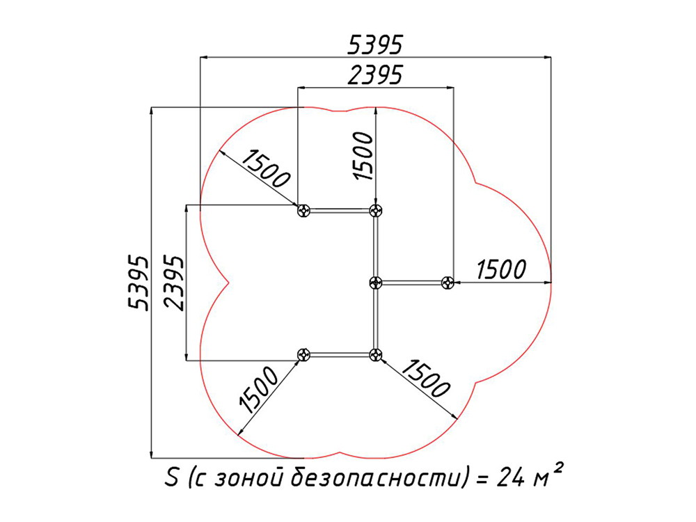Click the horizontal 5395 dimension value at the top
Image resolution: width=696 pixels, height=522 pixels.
[x=375, y=45]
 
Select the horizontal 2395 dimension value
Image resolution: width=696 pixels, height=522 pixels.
[x=375, y=74]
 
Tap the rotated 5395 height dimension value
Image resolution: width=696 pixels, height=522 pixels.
[x=137, y=283]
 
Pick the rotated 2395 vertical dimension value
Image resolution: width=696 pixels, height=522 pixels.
[x=173, y=283]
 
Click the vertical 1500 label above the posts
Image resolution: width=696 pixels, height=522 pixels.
[x=363, y=156]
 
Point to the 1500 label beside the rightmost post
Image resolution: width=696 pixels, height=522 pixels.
[x=501, y=269]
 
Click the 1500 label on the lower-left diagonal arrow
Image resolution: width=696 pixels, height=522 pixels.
[x=258, y=390]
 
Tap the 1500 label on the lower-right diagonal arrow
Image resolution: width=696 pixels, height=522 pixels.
[x=426, y=378]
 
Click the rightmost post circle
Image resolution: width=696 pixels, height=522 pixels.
[x=448, y=283]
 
